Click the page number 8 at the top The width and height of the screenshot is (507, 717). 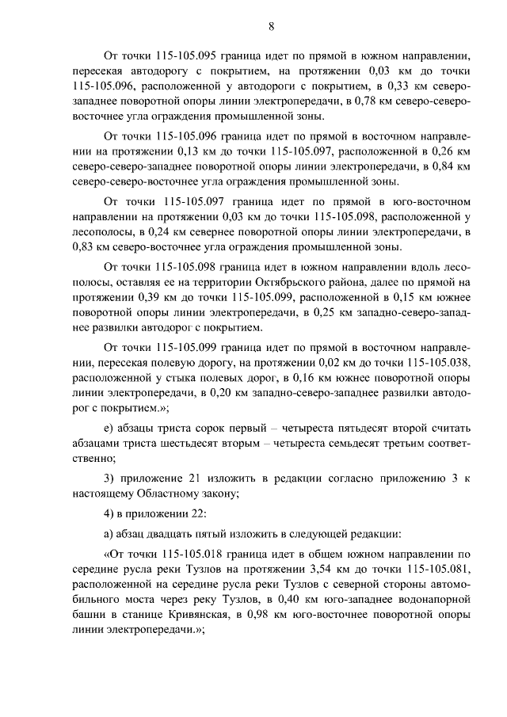point(271,25)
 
